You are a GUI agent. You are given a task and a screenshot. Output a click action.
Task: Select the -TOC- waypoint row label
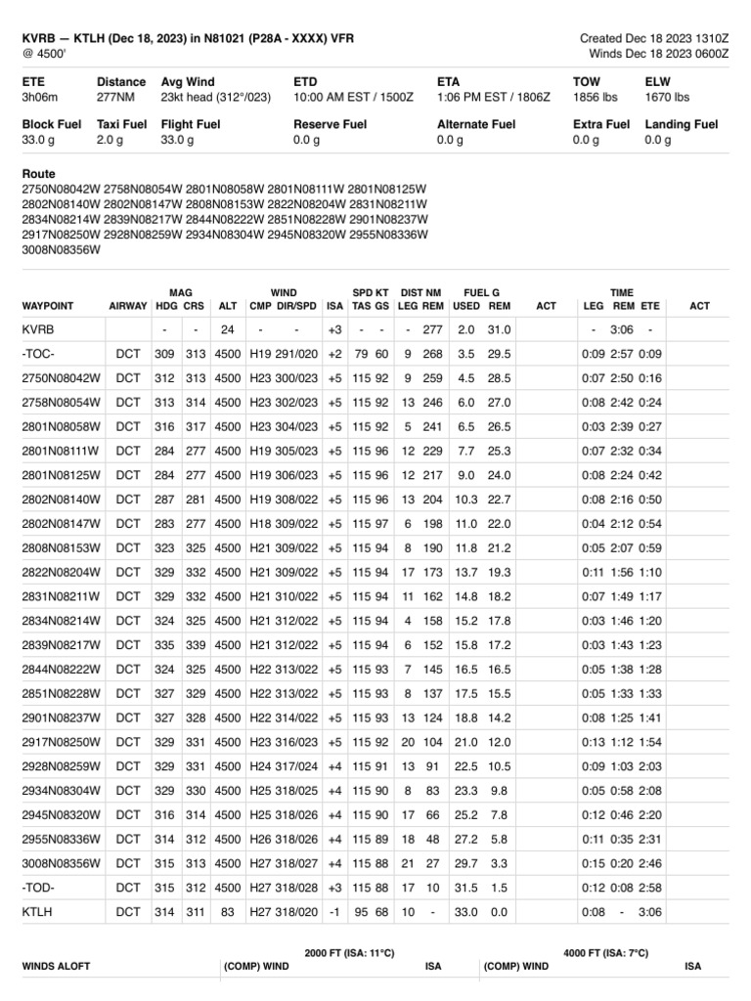click(x=40, y=354)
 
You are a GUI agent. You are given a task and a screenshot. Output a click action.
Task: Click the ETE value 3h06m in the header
click(x=40, y=98)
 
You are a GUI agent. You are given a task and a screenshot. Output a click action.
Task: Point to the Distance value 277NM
click(x=116, y=98)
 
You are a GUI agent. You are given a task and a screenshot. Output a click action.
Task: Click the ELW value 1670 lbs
click(x=668, y=98)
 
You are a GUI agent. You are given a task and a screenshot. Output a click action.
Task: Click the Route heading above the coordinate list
click(x=39, y=174)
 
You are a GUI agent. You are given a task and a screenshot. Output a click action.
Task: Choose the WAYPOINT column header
click(x=50, y=306)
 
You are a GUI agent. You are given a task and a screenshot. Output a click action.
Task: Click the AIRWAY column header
click(x=127, y=306)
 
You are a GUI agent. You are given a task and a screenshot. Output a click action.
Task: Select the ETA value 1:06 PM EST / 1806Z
click(x=494, y=98)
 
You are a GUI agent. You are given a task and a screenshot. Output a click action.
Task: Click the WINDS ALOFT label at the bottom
click(x=57, y=966)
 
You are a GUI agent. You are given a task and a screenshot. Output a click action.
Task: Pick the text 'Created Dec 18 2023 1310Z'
click(x=654, y=38)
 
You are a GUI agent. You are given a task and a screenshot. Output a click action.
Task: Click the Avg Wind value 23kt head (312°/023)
click(x=218, y=98)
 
